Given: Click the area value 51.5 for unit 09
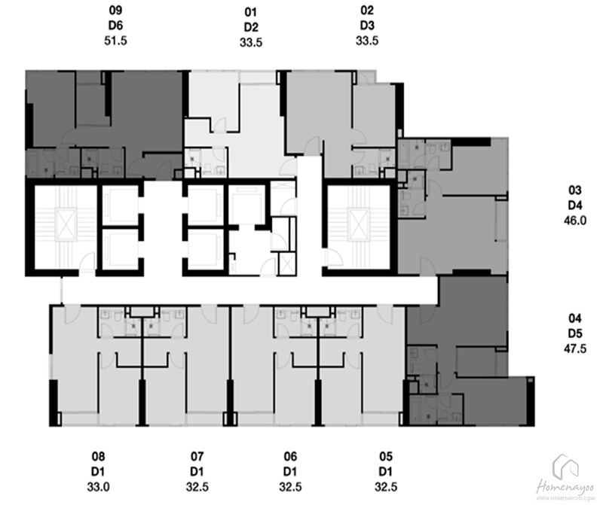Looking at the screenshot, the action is click(115, 41).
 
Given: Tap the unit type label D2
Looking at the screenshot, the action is click(251, 27).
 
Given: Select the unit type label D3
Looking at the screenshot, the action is click(367, 26).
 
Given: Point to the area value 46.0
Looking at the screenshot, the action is click(575, 221).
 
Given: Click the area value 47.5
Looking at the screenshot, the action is click(575, 348).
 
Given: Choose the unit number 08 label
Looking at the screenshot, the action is click(98, 457).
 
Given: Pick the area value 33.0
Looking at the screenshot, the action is click(98, 487).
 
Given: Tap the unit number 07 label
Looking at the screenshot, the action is click(197, 457).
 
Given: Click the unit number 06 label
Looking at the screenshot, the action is click(290, 457).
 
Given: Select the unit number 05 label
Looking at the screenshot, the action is click(386, 457).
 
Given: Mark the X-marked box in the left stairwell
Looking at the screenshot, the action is click(65, 224).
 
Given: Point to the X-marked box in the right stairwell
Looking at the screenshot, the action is click(357, 224).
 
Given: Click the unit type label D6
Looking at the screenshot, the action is click(115, 26).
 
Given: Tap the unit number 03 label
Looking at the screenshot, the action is click(575, 190).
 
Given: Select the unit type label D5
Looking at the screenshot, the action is click(575, 333).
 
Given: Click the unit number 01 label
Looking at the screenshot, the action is click(251, 12).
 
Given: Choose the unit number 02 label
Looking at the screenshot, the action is click(367, 11).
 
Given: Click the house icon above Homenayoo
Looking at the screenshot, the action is click(565, 466).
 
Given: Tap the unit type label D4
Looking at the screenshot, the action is click(575, 205).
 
